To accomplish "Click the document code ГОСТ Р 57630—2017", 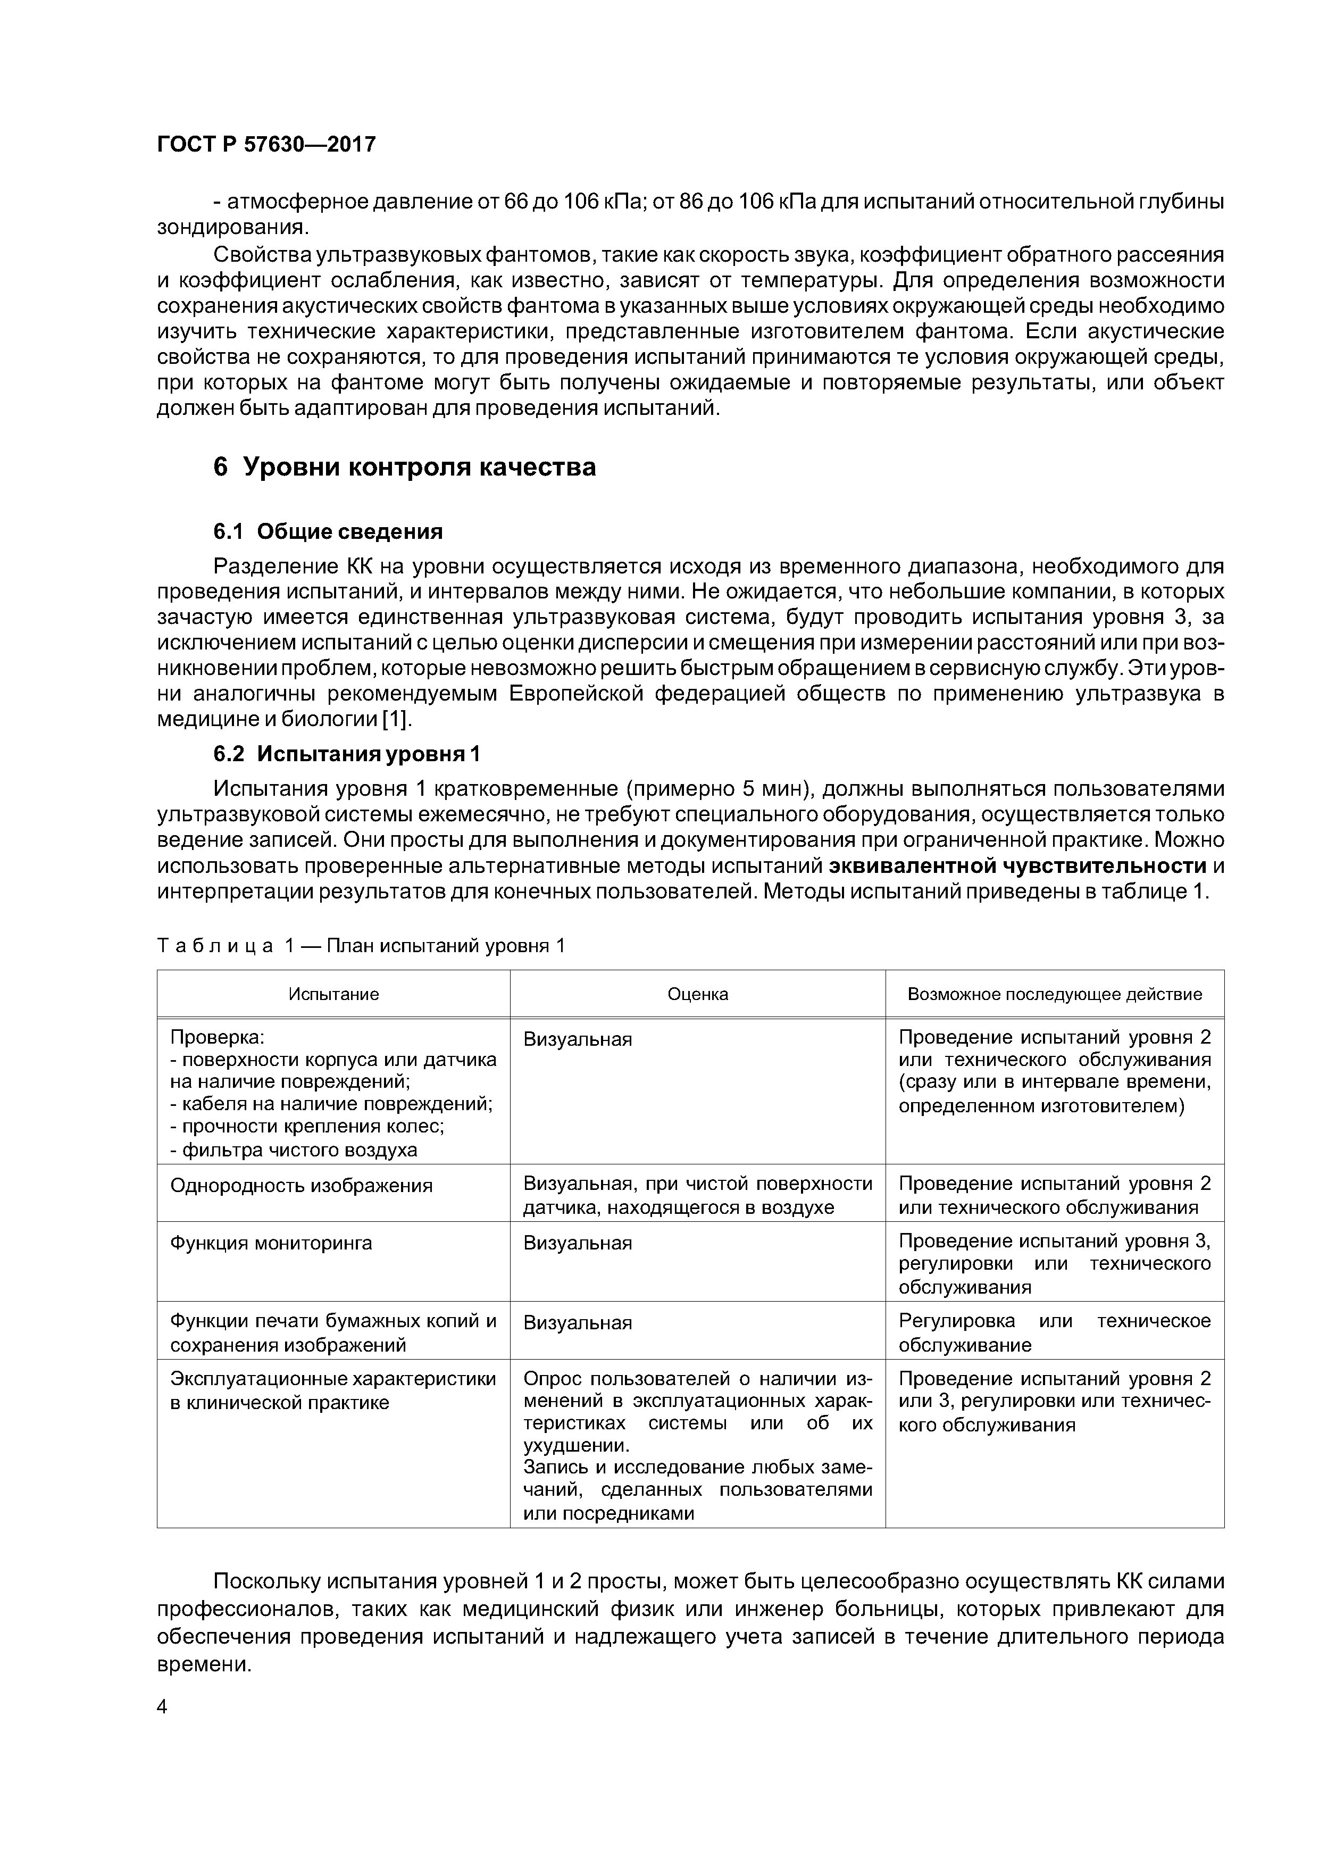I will point(266,144).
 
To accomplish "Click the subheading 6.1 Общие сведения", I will point(328,531).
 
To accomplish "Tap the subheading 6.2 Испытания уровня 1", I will point(346,754).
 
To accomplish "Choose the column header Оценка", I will point(697,994).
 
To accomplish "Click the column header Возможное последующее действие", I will point(1054,994).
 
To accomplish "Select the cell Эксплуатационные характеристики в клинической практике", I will point(332,1390).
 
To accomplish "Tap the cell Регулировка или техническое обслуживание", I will point(1054,1333).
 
